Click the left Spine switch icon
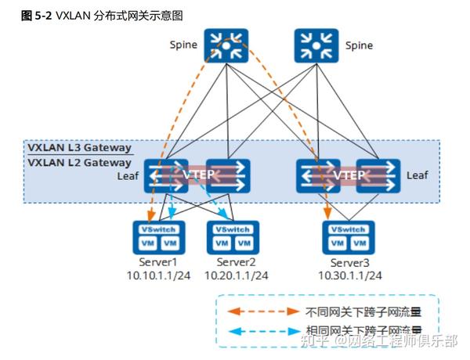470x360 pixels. coord(226,46)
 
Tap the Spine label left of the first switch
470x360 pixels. coord(183,46)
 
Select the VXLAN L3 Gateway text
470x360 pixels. coord(79,148)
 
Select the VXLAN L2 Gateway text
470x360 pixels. coord(79,163)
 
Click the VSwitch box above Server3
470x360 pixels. coord(349,229)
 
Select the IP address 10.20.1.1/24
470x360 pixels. coord(236,275)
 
